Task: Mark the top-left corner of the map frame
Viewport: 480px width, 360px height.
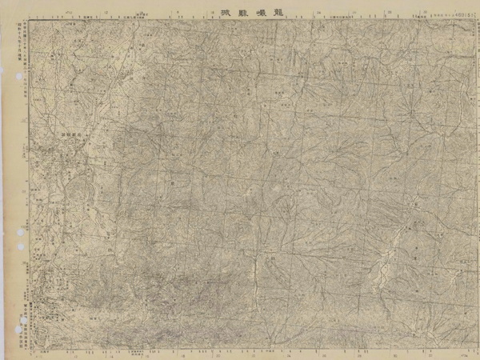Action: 31,20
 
